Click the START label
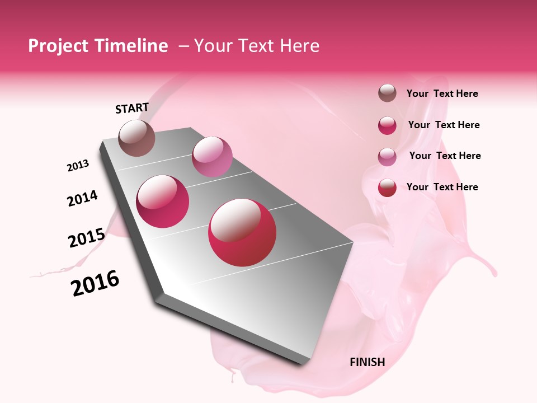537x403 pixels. pyautogui.click(x=132, y=108)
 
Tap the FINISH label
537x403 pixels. pyautogui.click(x=367, y=362)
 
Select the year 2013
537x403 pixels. pyautogui.click(x=78, y=166)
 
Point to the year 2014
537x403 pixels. pyautogui.click(x=82, y=198)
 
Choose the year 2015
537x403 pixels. pyautogui.click(x=86, y=238)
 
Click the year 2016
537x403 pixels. pyautogui.click(x=95, y=283)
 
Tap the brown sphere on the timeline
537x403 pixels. pyautogui.click(x=136, y=138)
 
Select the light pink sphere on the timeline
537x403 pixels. pyautogui.click(x=211, y=156)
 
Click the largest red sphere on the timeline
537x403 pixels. pyautogui.click(x=242, y=232)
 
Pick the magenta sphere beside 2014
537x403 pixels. pyautogui.click(x=163, y=201)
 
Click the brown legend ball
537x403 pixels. pyautogui.click(x=387, y=93)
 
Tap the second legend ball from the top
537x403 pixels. pyautogui.click(x=387, y=125)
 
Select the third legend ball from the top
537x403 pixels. pyautogui.click(x=387, y=156)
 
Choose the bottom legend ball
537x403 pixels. pyautogui.click(x=387, y=188)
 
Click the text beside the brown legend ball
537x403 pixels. pyautogui.click(x=442, y=93)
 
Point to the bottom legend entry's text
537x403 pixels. pyautogui.click(x=442, y=187)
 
